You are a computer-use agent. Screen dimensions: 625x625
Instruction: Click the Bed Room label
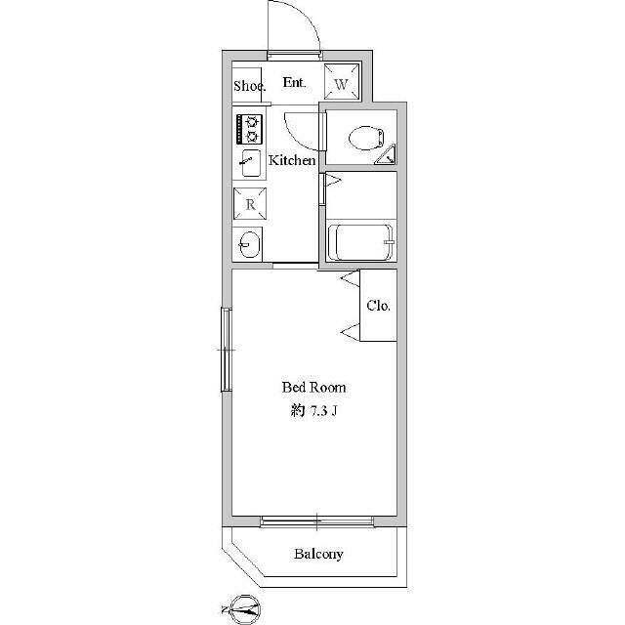pos(313,388)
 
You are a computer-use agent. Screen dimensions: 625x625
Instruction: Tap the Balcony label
pos(318,554)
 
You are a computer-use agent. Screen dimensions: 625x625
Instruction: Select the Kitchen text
pos(292,160)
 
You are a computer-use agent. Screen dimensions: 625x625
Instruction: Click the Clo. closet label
pos(378,306)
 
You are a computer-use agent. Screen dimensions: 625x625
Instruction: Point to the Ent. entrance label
pos(295,82)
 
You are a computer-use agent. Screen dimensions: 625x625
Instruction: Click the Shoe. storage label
pos(250,86)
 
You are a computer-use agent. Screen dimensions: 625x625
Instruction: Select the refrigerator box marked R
pos(250,204)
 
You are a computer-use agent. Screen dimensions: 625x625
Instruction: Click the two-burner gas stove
pos(250,129)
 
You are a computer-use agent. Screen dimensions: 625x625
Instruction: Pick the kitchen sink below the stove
pos(251,163)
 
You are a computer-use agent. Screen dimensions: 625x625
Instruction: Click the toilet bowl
pos(366,138)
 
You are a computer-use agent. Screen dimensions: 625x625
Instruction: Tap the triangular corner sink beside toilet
pos(387,156)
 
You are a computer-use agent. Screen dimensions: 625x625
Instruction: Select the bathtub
pos(360,242)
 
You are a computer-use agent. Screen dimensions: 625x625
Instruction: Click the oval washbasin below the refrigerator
pos(250,244)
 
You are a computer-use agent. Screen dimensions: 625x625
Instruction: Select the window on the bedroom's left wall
pos(227,350)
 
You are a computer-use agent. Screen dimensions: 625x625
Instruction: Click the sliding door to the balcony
pos(316,521)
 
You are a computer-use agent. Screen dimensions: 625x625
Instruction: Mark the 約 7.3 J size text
pos(313,411)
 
